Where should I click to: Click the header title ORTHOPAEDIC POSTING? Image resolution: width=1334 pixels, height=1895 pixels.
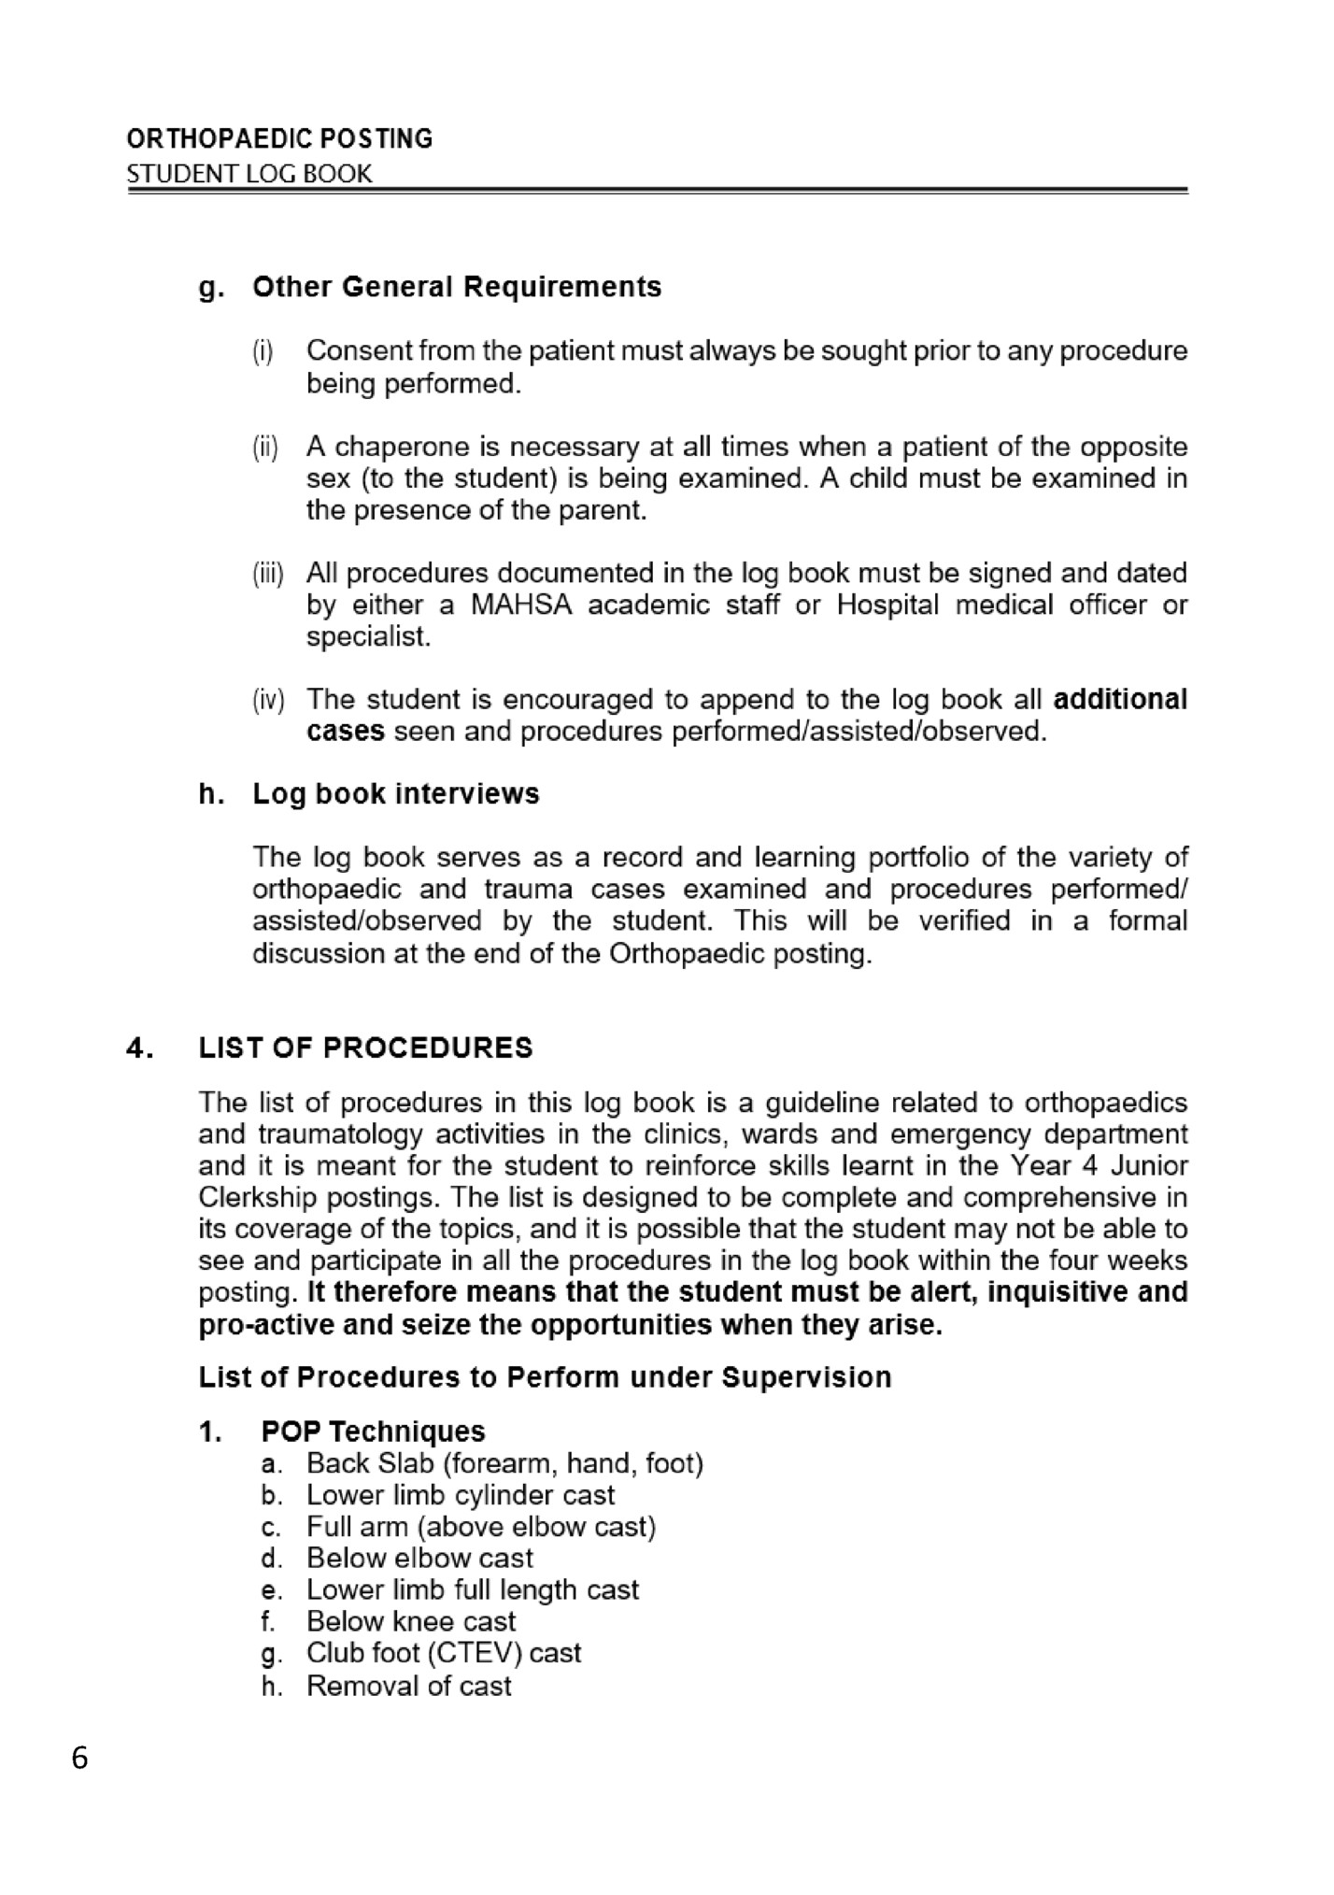coord(279,139)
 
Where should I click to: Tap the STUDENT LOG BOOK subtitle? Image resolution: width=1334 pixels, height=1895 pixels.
coord(249,174)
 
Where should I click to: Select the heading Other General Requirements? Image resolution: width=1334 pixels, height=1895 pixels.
coord(457,287)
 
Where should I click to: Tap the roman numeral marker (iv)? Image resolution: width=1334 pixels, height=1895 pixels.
coord(268,700)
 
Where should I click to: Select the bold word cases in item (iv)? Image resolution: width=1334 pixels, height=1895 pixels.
coord(345,732)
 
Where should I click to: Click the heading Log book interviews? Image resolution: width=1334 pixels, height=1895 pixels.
coord(396,794)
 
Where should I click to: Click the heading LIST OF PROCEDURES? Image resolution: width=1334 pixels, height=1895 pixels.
coord(365,1048)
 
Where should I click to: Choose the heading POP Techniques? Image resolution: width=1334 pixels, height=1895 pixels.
coord(373,1432)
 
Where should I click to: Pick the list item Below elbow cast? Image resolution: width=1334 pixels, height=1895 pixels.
coord(419,1559)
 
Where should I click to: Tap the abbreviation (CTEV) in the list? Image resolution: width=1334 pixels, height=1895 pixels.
coord(475,1653)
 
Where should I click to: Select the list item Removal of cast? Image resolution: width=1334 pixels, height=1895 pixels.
coord(408,1687)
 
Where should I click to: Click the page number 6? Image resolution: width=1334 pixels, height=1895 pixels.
coord(79,1760)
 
